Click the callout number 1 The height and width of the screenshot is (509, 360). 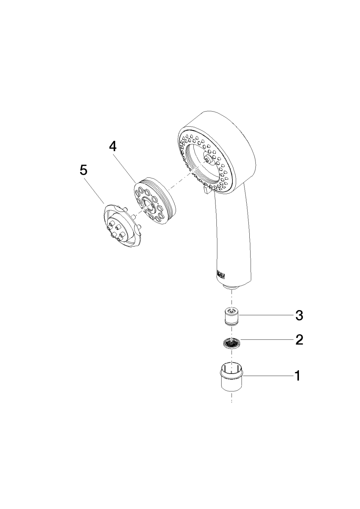[x=297, y=376]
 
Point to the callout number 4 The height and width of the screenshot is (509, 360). [x=113, y=147]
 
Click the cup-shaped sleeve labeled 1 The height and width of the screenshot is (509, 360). [x=231, y=376]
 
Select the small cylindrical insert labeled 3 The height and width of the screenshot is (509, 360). [x=232, y=316]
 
